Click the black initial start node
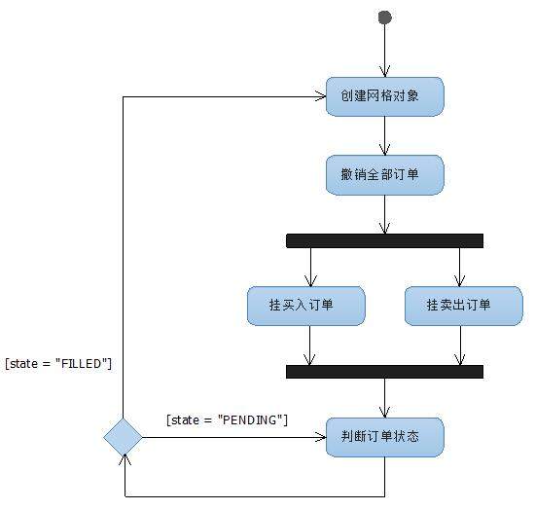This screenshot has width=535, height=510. pos(384,18)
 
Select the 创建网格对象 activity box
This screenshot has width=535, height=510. pos(385,97)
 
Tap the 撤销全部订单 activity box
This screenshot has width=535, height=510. pos(385,175)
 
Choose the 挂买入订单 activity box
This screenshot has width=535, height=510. pos(306,306)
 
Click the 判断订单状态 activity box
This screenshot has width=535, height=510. pos(385,437)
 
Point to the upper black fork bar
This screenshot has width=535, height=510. pos(385,240)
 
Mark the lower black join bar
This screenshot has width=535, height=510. pos(385,371)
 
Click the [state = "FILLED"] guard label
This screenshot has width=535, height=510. pos(58,363)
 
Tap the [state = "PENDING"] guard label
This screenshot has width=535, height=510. pos(228,419)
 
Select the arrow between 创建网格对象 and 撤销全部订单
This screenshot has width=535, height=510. pos(385,136)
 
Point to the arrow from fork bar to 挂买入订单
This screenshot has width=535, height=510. pos(309,267)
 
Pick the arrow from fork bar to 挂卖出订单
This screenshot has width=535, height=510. pos(459,267)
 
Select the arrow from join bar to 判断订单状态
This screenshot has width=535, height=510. pos(385,397)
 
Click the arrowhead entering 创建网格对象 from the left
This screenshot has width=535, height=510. pos(320,96)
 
